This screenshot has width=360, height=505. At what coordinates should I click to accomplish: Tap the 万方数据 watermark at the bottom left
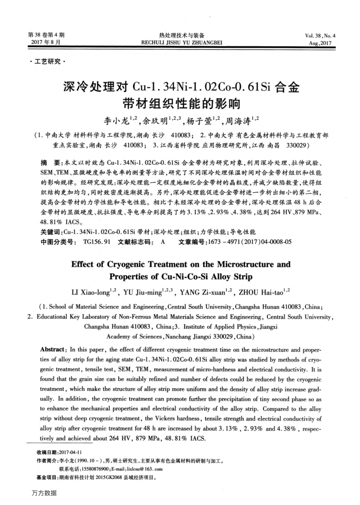[x=43, y=493]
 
